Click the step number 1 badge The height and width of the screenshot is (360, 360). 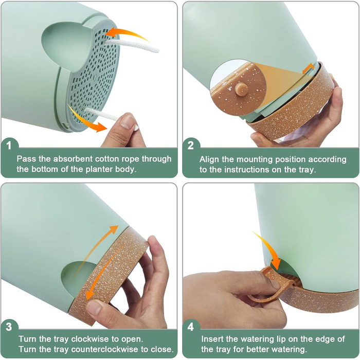[x=9, y=146]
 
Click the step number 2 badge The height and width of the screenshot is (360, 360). [x=190, y=146]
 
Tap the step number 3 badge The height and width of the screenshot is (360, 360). [x=9, y=327]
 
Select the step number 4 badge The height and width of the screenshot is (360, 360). [x=190, y=327]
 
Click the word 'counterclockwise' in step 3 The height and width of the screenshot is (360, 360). [x=105, y=349]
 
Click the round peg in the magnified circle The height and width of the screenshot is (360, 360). [x=242, y=89]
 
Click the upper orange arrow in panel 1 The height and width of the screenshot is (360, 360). [x=129, y=33]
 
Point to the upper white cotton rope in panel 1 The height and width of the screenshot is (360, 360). [x=131, y=45]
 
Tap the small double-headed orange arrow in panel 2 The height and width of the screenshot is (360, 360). [x=308, y=68]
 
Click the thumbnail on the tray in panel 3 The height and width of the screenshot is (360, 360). [x=94, y=308]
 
